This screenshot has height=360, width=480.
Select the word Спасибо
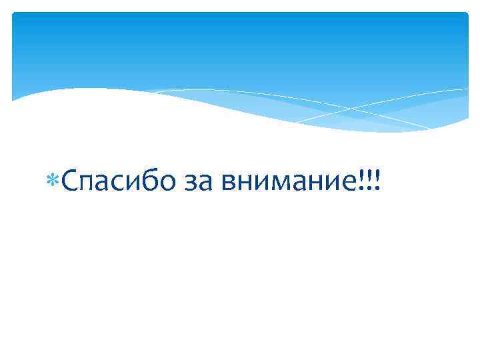[111, 181]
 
